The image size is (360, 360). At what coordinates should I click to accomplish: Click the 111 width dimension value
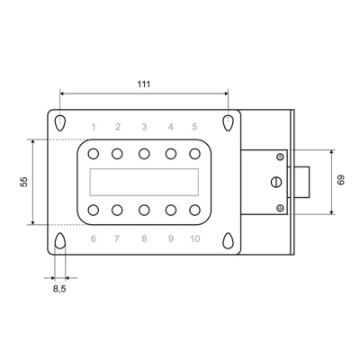point(144,85)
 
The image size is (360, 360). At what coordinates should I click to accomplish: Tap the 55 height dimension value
point(24,182)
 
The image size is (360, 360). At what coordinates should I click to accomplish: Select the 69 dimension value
point(341,180)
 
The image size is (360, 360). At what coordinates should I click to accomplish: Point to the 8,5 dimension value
point(59,289)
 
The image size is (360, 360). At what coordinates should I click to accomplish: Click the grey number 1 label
point(94,127)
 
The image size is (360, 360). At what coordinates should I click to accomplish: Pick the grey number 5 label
point(194,127)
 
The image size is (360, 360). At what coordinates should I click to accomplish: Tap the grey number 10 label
point(195,238)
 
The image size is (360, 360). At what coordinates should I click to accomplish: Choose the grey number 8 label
point(144,238)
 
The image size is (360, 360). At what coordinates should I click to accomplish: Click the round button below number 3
point(144,154)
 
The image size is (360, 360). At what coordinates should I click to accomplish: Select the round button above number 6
point(94,210)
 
